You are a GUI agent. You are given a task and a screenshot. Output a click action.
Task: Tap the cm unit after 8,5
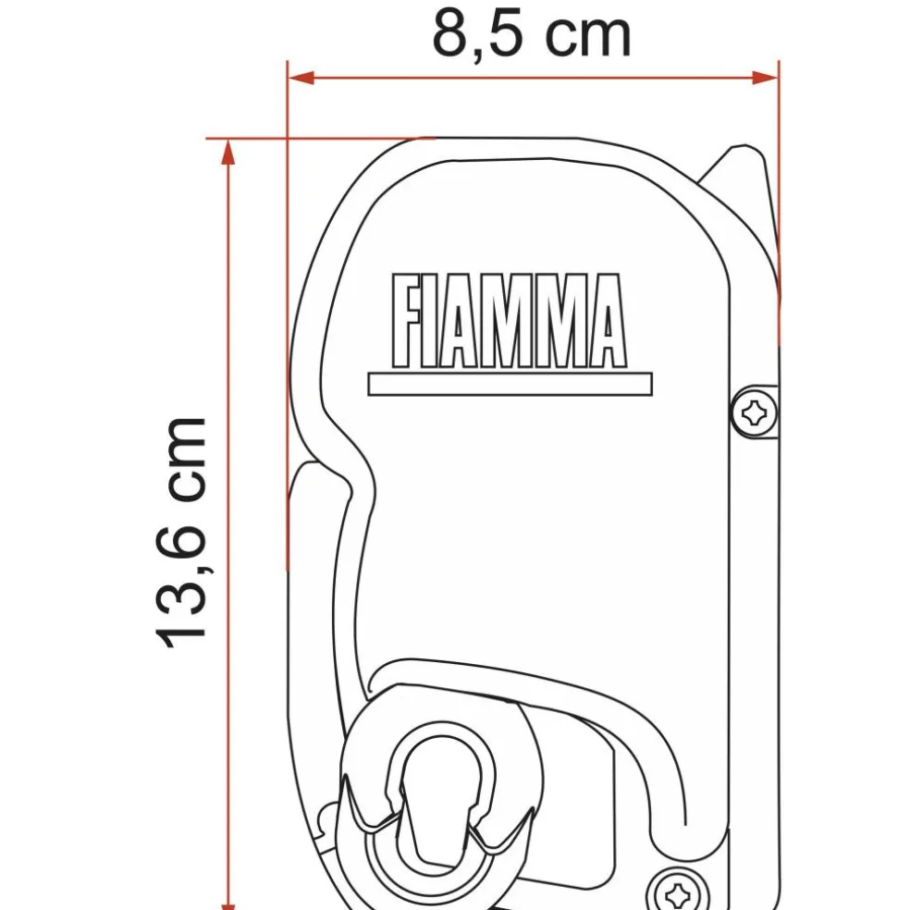(586, 35)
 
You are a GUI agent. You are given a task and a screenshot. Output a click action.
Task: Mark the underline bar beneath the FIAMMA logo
(510, 384)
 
